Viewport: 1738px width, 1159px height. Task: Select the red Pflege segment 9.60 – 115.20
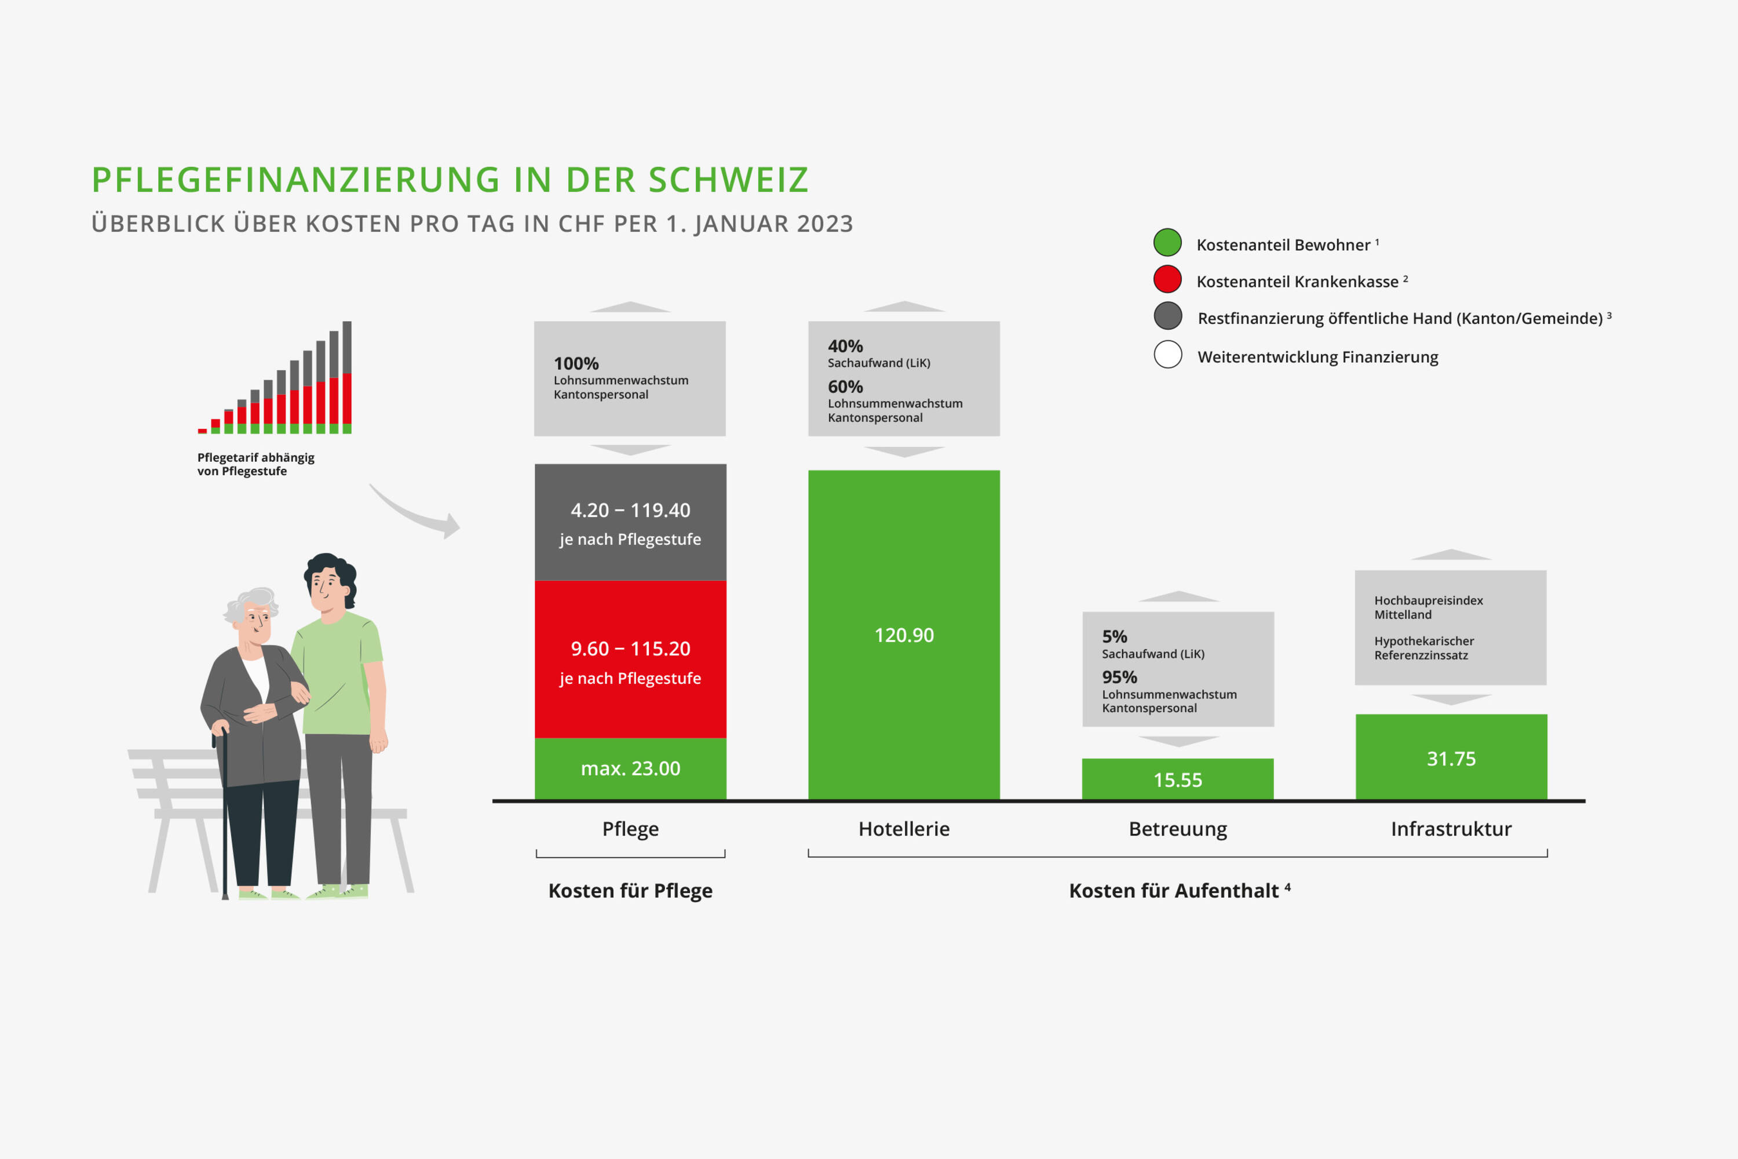point(630,659)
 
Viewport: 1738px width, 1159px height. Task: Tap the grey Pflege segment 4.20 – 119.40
point(630,522)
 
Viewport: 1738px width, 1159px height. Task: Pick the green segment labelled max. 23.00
point(630,768)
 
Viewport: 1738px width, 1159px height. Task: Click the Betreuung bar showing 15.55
point(1178,779)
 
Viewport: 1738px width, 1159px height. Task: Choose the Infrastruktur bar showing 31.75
point(1451,757)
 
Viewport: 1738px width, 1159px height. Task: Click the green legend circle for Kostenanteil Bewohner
point(1167,242)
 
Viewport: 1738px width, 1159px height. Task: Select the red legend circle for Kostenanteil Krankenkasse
point(1167,279)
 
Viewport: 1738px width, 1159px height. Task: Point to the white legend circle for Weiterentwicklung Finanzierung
point(1167,354)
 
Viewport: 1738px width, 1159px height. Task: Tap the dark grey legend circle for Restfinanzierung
point(1167,316)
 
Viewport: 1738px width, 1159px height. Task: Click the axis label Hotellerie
point(904,829)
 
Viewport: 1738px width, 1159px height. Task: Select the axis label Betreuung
point(1178,829)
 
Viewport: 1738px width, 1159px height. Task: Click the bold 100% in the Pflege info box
point(576,364)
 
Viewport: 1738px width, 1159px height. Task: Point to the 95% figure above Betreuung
point(1119,677)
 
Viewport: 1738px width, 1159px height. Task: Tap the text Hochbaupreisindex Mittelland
point(1427,607)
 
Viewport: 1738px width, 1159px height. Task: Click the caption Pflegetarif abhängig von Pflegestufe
point(255,464)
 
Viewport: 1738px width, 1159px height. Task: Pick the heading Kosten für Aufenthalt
point(1174,891)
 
